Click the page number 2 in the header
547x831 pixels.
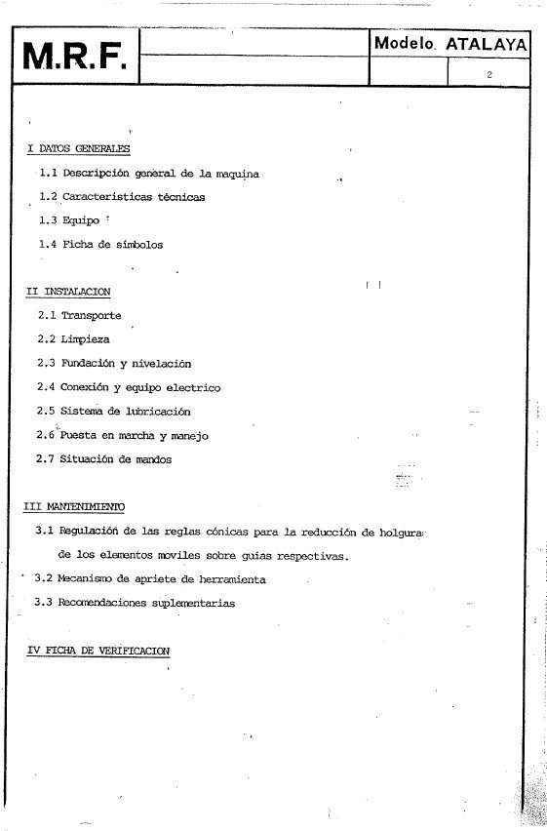[x=488, y=74]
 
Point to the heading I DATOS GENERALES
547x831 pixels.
[x=78, y=148]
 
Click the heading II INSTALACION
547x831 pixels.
[x=68, y=292]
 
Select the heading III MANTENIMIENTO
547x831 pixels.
[x=74, y=507]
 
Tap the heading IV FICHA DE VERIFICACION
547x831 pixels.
[x=98, y=650]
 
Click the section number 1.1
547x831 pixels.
[x=48, y=173]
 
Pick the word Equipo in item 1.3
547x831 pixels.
[x=80, y=220]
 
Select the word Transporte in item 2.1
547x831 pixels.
[x=91, y=316]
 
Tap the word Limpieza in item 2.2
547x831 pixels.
[x=85, y=339]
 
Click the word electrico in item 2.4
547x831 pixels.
[x=192, y=387]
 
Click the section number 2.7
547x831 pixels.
[x=45, y=459]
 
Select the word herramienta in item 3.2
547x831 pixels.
[x=229, y=579]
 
